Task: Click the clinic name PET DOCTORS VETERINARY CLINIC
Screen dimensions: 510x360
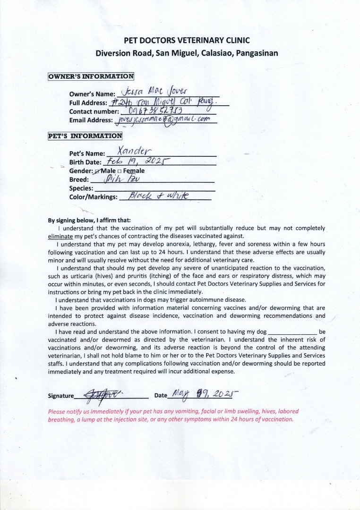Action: (x=187, y=41)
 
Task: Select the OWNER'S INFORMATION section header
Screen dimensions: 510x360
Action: (x=91, y=76)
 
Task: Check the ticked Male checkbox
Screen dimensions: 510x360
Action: (x=97, y=171)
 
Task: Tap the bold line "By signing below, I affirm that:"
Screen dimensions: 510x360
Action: (x=89, y=220)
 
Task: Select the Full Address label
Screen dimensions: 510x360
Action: (x=87, y=103)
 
